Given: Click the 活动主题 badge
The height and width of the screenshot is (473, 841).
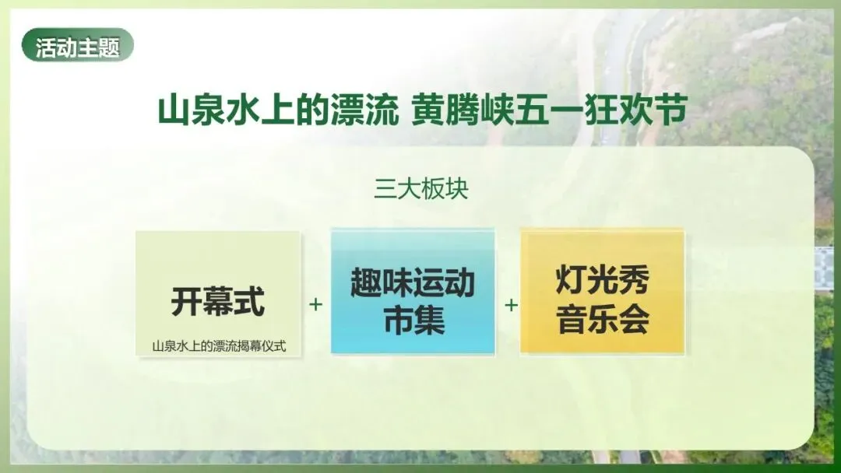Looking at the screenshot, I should pyautogui.click(x=78, y=47).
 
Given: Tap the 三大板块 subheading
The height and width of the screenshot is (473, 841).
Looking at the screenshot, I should pyautogui.click(x=420, y=190).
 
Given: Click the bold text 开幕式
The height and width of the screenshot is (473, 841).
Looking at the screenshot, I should pyautogui.click(x=218, y=302).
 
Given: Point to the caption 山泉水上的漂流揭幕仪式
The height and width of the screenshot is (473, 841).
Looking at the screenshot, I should pyautogui.click(x=219, y=346).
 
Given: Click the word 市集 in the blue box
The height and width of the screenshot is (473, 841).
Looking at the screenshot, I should pyautogui.click(x=413, y=321).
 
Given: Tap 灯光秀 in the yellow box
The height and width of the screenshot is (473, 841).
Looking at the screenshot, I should pyautogui.click(x=603, y=280).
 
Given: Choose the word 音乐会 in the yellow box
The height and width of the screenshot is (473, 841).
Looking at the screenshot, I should pyautogui.click(x=603, y=321).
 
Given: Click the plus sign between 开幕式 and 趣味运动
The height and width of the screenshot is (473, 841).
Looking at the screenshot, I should pyautogui.click(x=315, y=304).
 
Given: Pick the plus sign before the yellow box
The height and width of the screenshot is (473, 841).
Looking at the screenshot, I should pyautogui.click(x=511, y=304).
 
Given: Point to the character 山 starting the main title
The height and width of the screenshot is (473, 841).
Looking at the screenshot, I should pyautogui.click(x=174, y=110).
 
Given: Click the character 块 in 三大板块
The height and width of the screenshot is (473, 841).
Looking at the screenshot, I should pyautogui.click(x=456, y=190).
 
